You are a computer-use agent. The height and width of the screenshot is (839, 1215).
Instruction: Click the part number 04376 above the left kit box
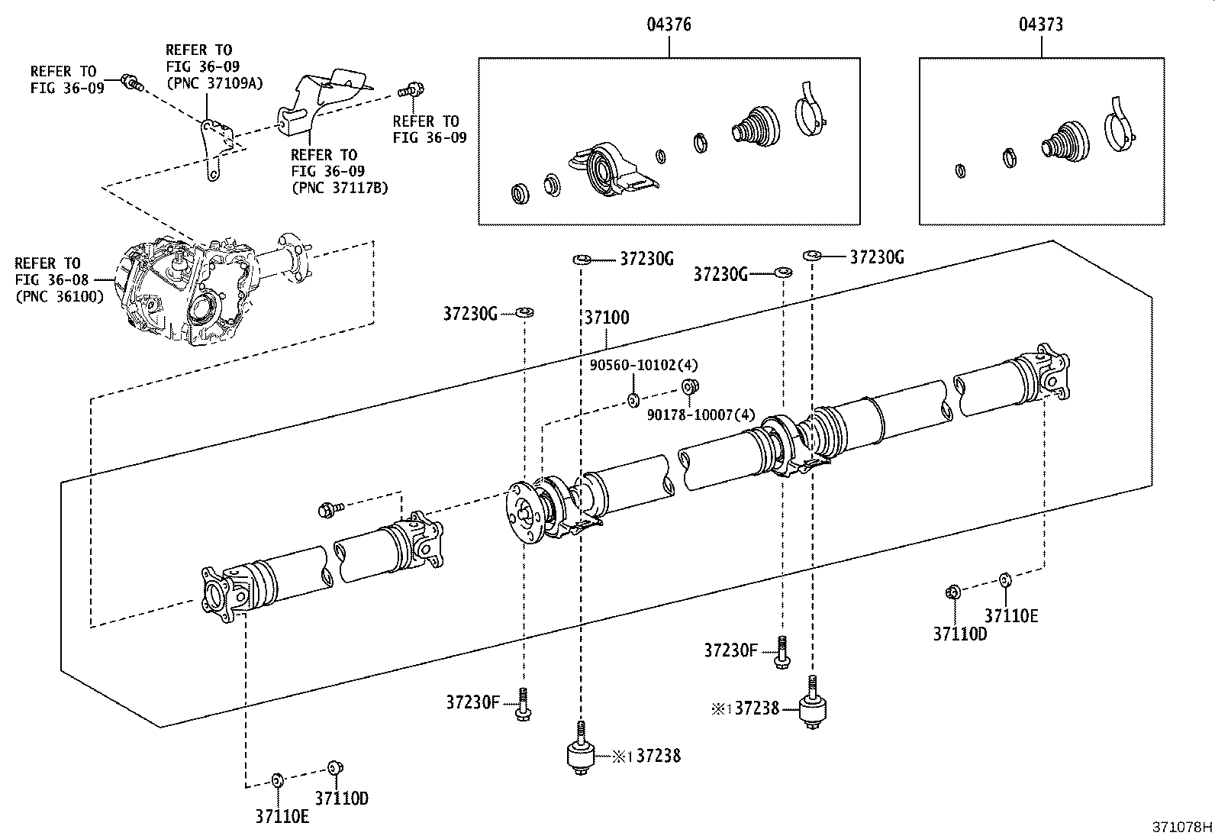(669, 24)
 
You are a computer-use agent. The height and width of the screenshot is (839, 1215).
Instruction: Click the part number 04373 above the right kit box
(1040, 24)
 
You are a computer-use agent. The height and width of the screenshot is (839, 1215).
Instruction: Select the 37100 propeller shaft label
(607, 318)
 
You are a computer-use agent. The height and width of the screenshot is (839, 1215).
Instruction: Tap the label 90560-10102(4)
(644, 366)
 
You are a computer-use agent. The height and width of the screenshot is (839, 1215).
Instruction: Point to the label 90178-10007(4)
(701, 415)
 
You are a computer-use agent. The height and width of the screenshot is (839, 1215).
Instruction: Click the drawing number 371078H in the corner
(1181, 827)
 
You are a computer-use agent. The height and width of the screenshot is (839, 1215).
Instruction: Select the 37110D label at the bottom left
(342, 799)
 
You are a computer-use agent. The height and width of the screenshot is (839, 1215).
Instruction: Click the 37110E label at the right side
(1010, 616)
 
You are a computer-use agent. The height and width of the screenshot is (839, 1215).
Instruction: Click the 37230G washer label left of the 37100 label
(470, 313)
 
